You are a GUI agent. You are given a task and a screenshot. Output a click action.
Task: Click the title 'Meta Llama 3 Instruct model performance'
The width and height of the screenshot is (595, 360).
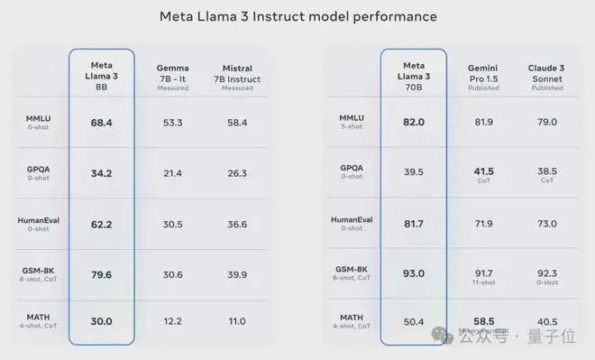tap(297, 16)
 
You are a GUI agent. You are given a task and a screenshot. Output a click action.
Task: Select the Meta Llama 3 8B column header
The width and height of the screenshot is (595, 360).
tap(101, 75)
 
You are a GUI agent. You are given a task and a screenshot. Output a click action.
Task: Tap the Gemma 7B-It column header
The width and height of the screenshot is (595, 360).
tap(172, 76)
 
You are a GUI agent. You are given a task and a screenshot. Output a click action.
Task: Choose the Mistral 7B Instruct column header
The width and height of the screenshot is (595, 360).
tap(237, 76)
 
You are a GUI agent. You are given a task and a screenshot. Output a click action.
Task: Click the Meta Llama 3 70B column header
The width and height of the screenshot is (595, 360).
tap(414, 75)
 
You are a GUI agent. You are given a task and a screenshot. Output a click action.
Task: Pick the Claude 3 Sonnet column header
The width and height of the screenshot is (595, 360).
tap(546, 76)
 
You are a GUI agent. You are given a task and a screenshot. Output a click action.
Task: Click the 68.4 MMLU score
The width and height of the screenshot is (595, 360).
tap(101, 122)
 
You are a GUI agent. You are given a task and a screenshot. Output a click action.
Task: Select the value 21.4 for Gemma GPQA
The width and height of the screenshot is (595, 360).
tap(172, 172)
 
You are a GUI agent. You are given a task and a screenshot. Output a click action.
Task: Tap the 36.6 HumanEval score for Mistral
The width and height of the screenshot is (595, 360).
tap(237, 224)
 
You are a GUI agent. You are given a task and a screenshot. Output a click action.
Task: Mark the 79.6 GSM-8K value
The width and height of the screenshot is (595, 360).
tap(101, 274)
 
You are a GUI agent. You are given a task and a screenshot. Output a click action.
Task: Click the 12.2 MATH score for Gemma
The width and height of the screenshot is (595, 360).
tap(172, 321)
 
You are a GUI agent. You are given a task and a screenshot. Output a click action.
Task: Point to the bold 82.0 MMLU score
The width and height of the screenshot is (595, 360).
tap(414, 122)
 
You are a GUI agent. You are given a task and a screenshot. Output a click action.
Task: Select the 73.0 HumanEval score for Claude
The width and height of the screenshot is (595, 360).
tap(546, 224)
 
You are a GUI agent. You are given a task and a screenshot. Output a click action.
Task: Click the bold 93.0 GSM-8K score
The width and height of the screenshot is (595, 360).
tap(414, 274)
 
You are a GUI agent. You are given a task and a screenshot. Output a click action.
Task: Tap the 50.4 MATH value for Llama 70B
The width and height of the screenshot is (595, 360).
tap(414, 321)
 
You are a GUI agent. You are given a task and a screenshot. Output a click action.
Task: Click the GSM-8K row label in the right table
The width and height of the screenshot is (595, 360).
tap(352, 270)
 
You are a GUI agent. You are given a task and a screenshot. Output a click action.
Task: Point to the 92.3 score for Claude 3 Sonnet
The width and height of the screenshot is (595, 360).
tap(546, 272)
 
